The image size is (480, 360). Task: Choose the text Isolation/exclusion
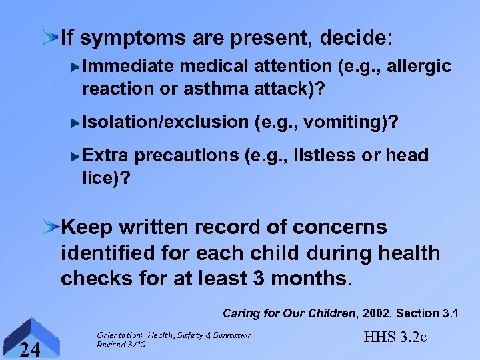tap(165, 122)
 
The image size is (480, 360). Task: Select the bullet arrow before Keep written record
tap(50, 227)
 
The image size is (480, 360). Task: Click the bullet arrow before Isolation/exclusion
tap(76, 122)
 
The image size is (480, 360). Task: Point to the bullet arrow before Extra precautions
tap(76, 156)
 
